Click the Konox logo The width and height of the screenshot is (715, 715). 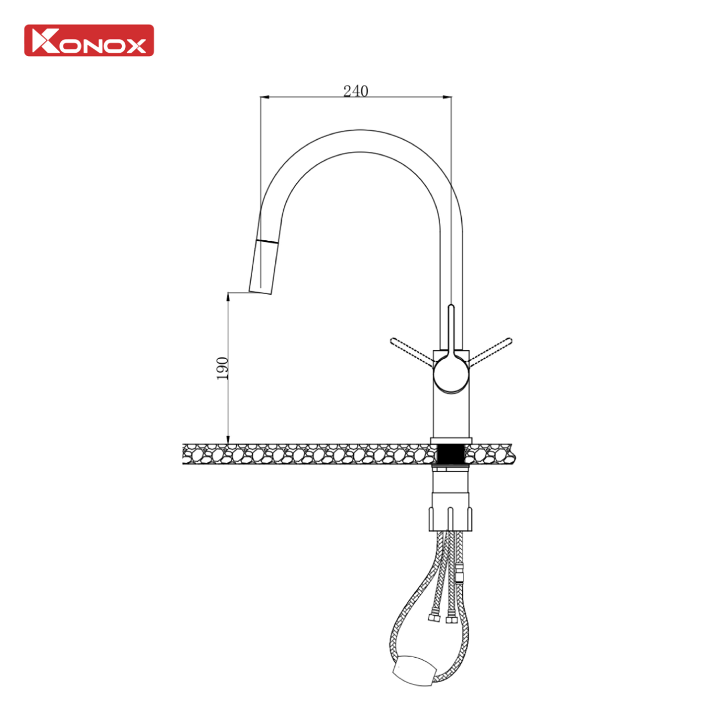[x=89, y=40]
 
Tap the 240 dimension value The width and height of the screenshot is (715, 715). [x=355, y=91]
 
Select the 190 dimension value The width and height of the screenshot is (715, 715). [x=222, y=368]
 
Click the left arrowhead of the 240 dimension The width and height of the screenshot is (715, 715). [x=264, y=97]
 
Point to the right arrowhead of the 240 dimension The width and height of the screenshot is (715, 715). [x=448, y=97]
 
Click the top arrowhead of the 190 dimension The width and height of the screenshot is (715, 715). [x=228, y=297]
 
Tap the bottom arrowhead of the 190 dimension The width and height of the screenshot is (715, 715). [x=228, y=439]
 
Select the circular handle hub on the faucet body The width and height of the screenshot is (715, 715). [x=451, y=374]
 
